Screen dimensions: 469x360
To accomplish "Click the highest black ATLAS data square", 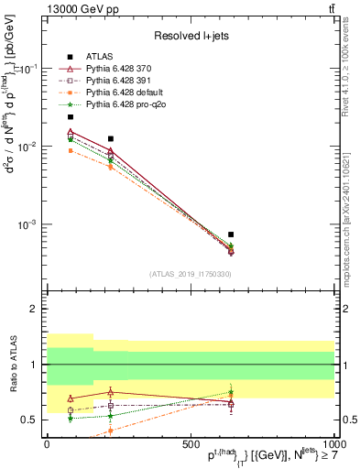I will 71,117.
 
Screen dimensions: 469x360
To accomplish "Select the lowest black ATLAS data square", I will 231,234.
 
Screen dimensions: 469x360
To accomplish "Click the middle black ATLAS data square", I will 111,138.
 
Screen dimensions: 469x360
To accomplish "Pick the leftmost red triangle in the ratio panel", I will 71,398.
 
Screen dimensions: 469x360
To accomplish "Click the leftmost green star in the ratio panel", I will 71,418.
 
